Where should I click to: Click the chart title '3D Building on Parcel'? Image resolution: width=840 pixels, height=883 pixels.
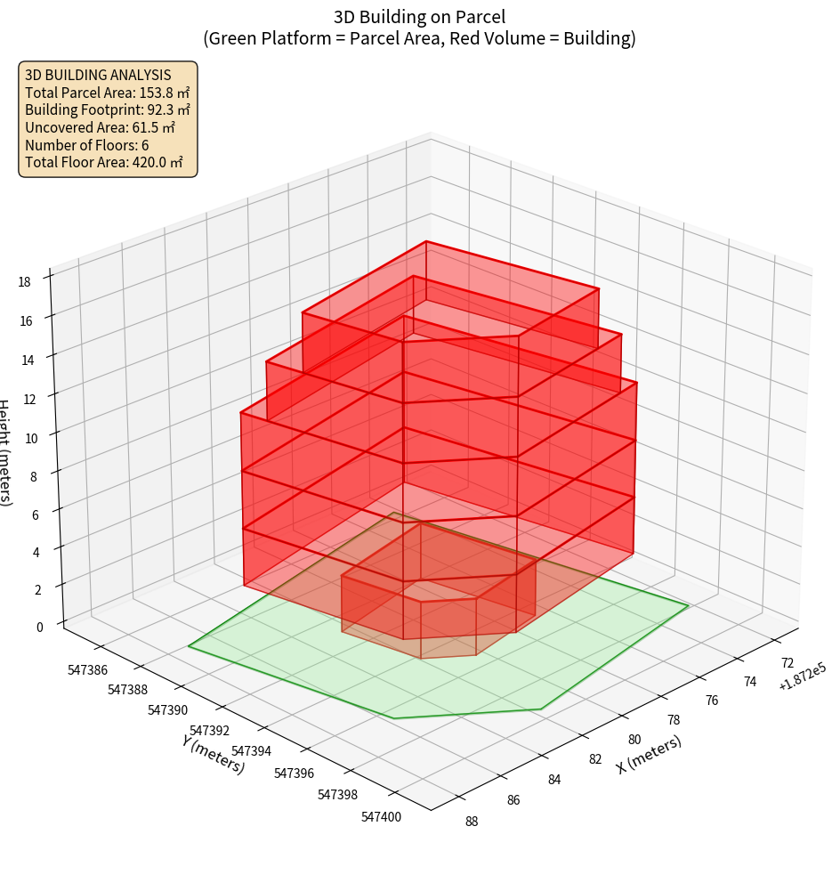[419, 16]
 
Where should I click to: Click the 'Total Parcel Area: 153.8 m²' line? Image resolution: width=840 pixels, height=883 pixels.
[107, 93]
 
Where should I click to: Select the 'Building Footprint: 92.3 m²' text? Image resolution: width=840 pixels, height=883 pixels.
[107, 109]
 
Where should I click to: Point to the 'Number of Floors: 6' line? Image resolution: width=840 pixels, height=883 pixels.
[86, 145]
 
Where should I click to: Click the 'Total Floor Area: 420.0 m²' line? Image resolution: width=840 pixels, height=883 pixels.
[103, 162]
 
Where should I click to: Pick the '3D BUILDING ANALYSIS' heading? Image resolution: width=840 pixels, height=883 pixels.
[98, 75]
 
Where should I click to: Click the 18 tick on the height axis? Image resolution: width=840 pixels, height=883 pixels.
[24, 282]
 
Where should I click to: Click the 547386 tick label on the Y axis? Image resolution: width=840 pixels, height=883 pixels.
[87, 670]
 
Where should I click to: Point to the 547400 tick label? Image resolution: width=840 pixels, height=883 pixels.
[384, 814]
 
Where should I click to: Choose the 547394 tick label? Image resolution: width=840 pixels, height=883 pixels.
[251, 750]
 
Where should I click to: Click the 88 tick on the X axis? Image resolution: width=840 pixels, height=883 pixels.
[472, 821]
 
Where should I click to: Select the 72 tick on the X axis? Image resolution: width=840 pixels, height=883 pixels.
[787, 662]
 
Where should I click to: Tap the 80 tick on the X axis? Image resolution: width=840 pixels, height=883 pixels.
[634, 739]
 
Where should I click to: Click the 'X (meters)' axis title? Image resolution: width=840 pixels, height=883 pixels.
[649, 754]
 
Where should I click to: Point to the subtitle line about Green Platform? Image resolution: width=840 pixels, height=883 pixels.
[419, 38]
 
